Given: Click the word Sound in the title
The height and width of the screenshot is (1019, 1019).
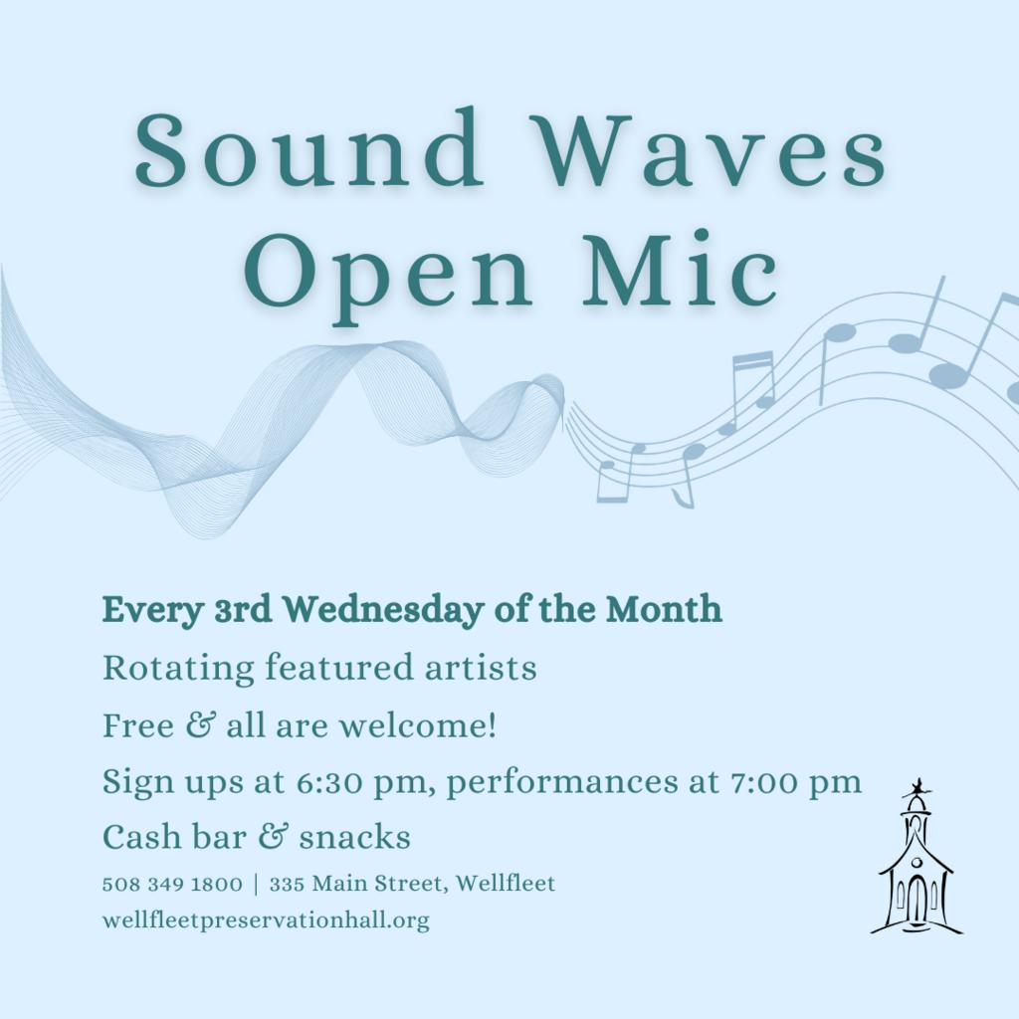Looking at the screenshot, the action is (308, 147).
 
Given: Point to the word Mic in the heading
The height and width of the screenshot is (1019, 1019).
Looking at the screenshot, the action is (680, 268).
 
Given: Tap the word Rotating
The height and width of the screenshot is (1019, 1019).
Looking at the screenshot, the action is (178, 668).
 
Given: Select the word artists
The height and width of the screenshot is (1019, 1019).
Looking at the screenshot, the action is (481, 668).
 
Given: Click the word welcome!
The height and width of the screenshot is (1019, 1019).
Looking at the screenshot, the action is (418, 724).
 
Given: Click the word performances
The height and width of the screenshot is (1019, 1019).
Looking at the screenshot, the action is (562, 782).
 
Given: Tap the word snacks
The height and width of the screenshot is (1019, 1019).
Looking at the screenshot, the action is (355, 837).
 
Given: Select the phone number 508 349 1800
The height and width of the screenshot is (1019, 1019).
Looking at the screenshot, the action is (172, 884).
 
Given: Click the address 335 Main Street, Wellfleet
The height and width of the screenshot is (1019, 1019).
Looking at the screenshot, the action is (413, 884).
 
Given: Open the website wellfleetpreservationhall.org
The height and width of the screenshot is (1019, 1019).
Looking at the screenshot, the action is (266, 920).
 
